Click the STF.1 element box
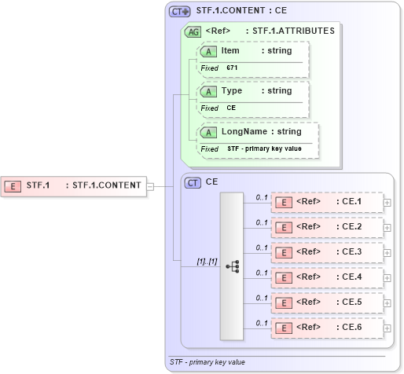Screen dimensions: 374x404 click(x=74, y=185)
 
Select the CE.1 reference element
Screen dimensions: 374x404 click(x=326, y=202)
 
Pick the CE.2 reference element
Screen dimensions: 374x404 click(x=326, y=227)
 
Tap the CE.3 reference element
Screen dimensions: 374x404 click(x=326, y=252)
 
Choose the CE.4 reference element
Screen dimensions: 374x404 click(x=326, y=277)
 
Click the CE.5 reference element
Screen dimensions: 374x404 click(x=326, y=302)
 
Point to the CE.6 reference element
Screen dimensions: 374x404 click(x=326, y=327)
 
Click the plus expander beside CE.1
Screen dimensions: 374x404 click(x=387, y=202)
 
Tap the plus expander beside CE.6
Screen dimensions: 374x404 click(x=387, y=327)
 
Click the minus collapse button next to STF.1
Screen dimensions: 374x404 click(x=150, y=186)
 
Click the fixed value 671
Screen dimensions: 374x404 click(x=232, y=68)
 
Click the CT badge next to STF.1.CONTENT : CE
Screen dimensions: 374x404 click(x=180, y=12)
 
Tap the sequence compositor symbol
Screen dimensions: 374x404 click(x=232, y=266)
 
